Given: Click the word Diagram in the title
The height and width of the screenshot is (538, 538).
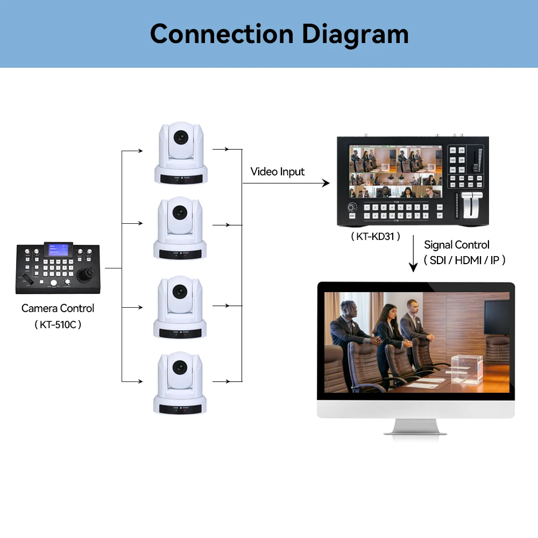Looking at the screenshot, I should [x=355, y=34].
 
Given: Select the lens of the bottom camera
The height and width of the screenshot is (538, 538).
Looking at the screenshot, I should [x=179, y=367].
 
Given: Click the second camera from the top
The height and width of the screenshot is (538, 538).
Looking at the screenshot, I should [x=180, y=228].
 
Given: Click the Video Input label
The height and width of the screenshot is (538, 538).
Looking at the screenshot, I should [x=277, y=172].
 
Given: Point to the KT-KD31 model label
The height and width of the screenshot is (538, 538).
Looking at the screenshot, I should [x=376, y=236].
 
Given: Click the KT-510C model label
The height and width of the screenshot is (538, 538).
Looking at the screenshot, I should [x=58, y=325].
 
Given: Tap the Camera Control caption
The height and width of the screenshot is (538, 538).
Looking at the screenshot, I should [x=58, y=308].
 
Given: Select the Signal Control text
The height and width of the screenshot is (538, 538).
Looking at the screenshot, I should [x=456, y=245].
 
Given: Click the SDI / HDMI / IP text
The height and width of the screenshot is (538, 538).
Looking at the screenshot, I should [x=464, y=260].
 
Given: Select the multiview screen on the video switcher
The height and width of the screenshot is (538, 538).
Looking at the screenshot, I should [x=395, y=171].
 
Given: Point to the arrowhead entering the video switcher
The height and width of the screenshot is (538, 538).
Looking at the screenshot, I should [x=325, y=183].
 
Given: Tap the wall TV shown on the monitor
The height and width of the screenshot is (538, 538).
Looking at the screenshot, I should [x=495, y=317].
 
